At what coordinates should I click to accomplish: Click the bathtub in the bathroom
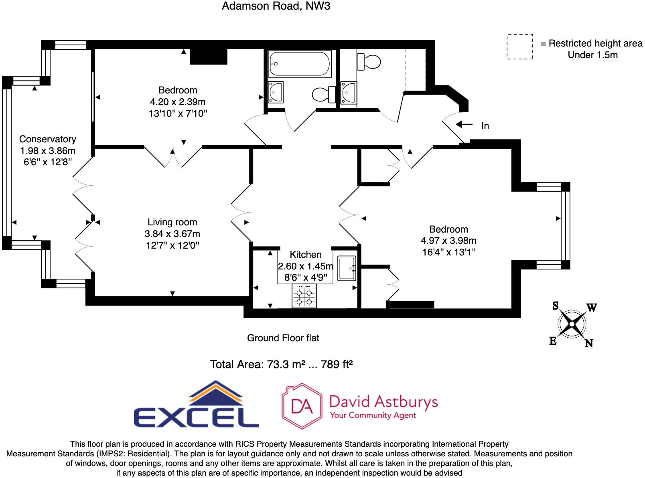point(300,64)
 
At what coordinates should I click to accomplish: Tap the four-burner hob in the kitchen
point(304,296)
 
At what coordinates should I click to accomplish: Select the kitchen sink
point(347,268)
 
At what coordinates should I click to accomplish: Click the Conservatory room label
point(48,139)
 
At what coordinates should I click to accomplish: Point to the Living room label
point(172,222)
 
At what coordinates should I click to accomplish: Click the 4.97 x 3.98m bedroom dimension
point(448,241)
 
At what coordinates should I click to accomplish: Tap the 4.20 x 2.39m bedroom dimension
point(178,102)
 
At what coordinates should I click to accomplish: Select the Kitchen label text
point(306,255)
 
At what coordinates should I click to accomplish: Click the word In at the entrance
point(485,126)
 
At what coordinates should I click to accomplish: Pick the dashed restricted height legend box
point(519,47)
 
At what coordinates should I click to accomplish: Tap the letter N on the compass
point(588,343)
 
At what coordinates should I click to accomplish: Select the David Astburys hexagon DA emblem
point(302,406)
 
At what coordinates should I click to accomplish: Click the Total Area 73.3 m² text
point(281,364)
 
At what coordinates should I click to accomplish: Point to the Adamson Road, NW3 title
point(276,6)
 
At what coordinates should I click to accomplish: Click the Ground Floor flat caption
point(283,338)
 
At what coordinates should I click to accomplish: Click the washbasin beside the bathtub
point(276,92)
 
